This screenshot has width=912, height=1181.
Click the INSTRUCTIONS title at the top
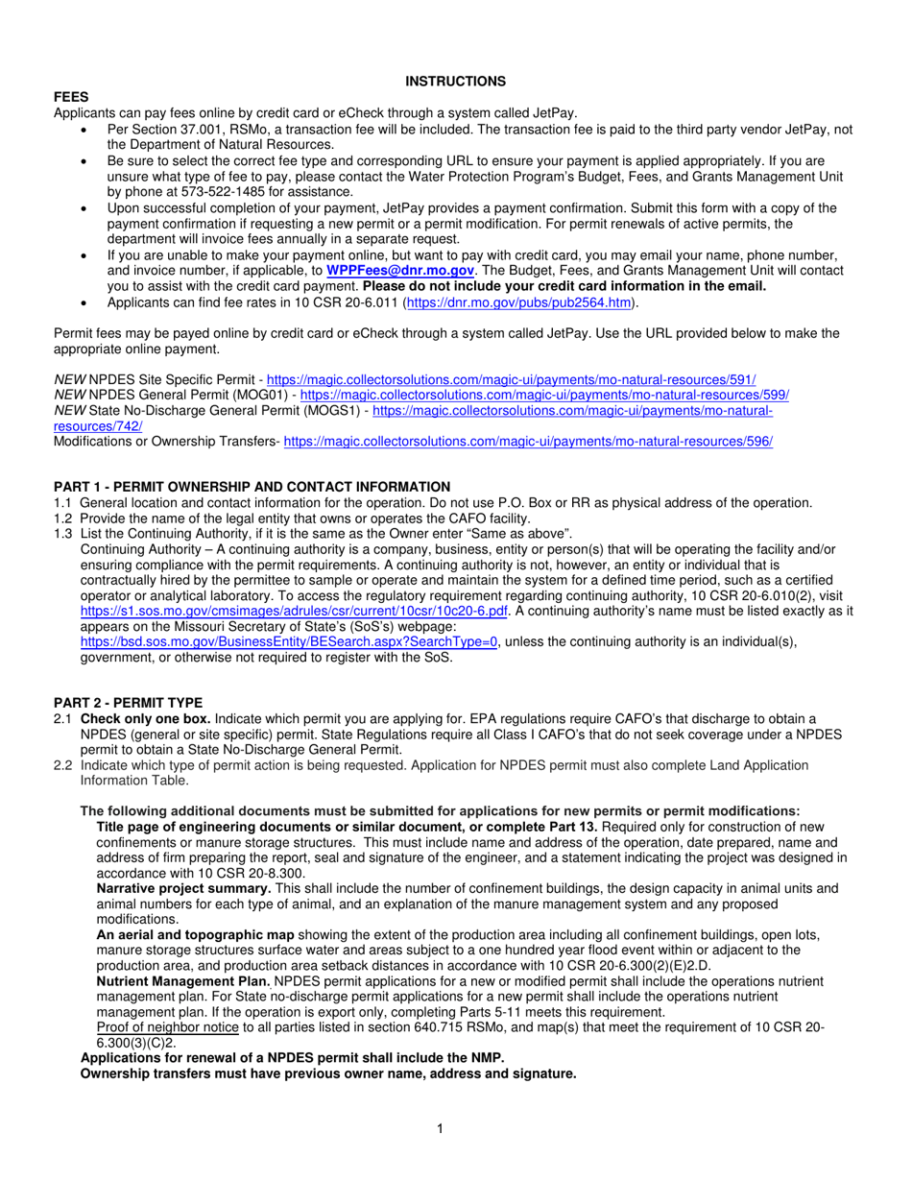455,82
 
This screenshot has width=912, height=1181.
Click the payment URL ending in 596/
528,442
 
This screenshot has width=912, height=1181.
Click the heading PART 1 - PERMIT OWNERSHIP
252,487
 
